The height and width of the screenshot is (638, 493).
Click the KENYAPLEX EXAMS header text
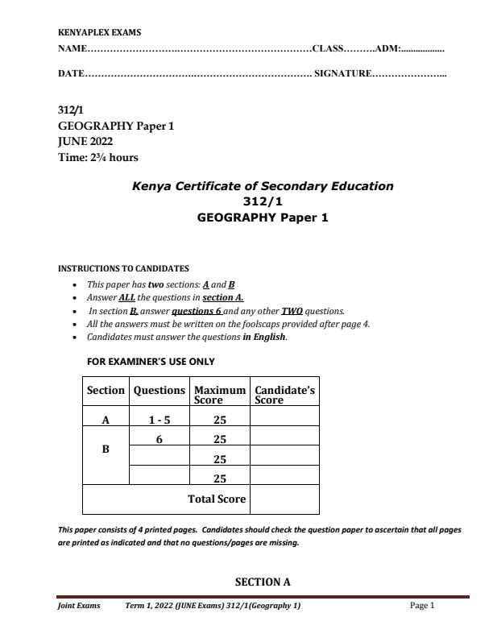100,32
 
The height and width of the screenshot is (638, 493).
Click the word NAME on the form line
72,50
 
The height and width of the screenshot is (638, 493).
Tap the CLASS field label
328,50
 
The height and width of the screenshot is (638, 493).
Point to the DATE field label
71,74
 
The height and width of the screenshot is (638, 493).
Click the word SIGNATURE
342,74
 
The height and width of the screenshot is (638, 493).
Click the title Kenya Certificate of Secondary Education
263,186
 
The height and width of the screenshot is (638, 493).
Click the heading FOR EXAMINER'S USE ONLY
151,362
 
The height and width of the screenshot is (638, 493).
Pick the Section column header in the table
106,391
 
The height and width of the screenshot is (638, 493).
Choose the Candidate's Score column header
284,394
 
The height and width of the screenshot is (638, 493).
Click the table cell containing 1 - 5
159,419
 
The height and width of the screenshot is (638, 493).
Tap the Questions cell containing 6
159,439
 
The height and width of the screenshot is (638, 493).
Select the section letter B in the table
106,449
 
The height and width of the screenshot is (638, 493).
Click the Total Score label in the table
216,499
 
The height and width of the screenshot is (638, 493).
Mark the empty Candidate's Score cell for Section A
284,419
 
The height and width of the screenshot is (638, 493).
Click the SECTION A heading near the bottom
263,582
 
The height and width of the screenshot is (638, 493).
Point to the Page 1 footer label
422,606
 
